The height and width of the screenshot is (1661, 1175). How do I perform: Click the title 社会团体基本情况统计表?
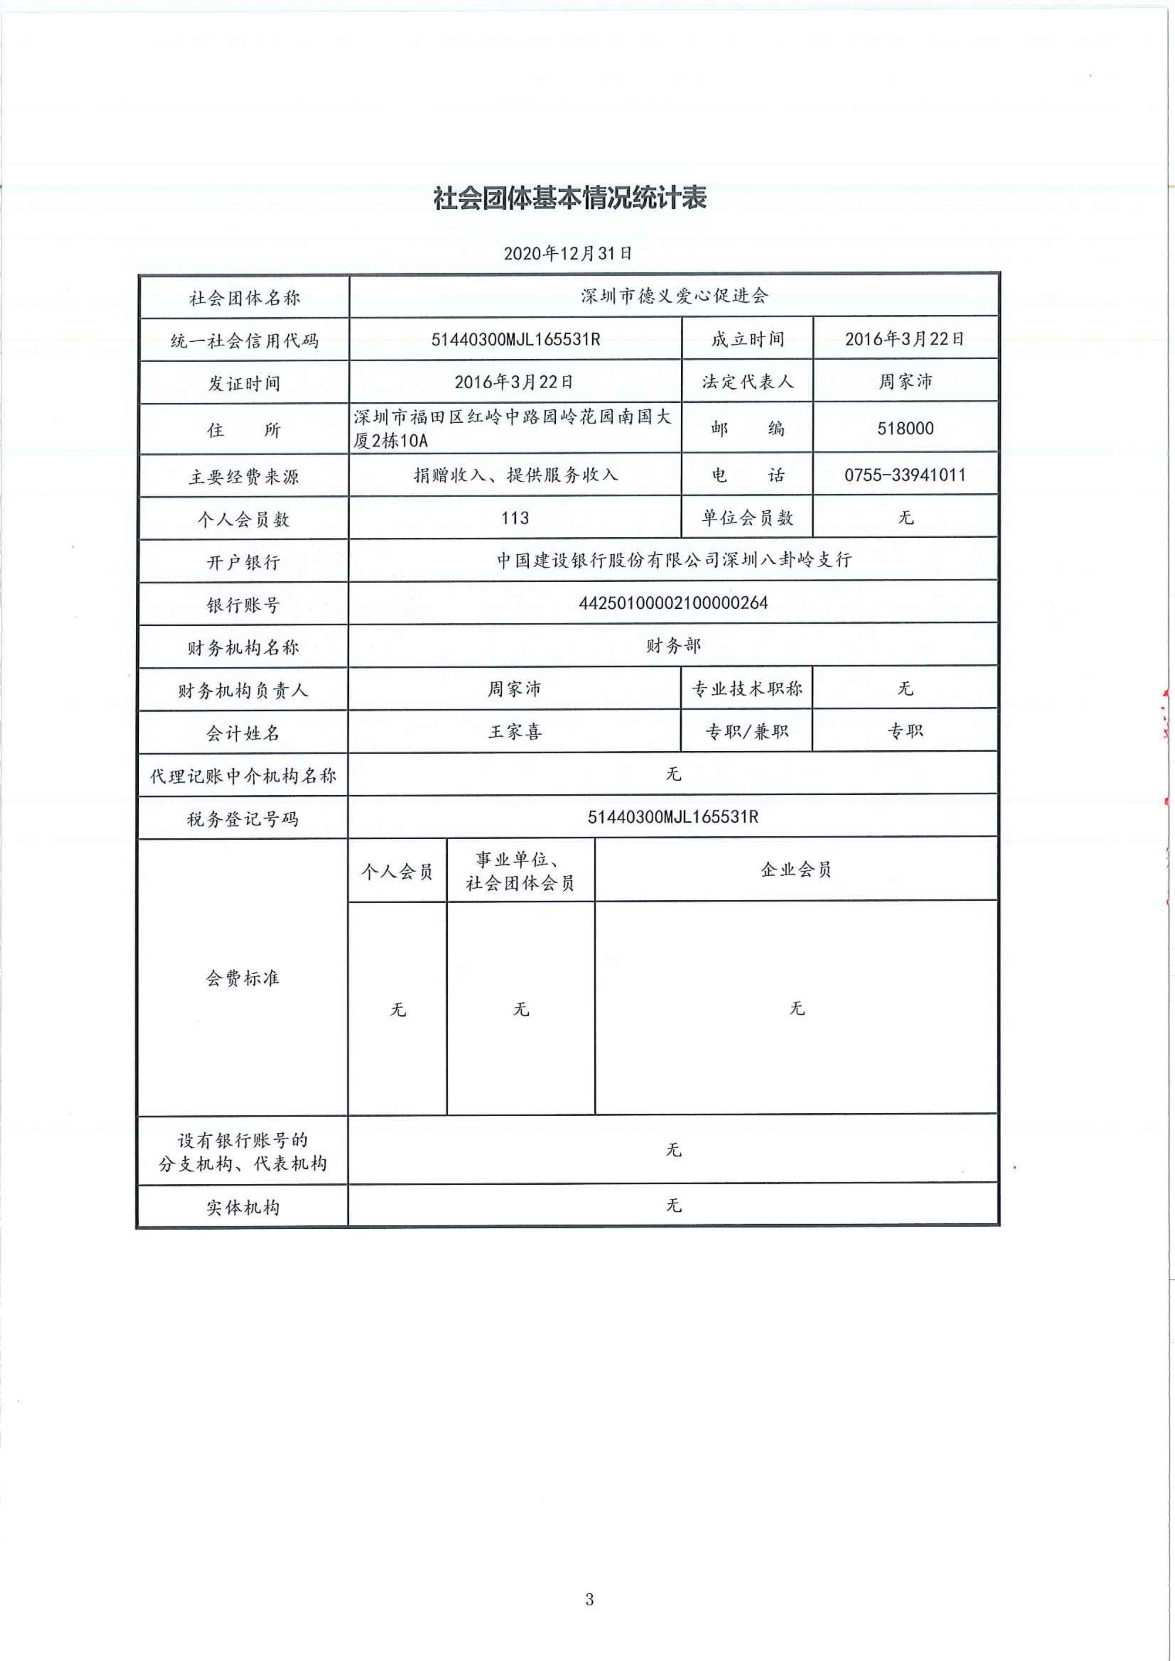pos(570,197)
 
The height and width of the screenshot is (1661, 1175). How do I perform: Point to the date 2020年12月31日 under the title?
pos(568,253)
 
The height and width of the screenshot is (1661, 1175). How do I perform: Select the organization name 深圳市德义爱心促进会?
pos(674,296)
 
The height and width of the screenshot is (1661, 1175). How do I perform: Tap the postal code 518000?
pos(905,428)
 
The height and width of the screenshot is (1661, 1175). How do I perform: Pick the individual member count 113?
pos(515,518)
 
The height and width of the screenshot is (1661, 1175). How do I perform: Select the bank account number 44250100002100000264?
pos(673,603)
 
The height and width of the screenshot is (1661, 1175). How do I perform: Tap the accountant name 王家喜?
pos(515,731)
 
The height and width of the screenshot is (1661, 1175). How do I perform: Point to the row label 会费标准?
pos(242,978)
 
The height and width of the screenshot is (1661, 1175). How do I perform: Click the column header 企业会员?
pos(796,870)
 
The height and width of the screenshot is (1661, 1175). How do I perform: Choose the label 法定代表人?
pos(748,382)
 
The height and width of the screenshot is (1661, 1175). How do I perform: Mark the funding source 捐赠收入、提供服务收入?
pos(515,475)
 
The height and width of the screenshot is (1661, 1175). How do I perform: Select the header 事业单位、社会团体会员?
pos(520,871)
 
